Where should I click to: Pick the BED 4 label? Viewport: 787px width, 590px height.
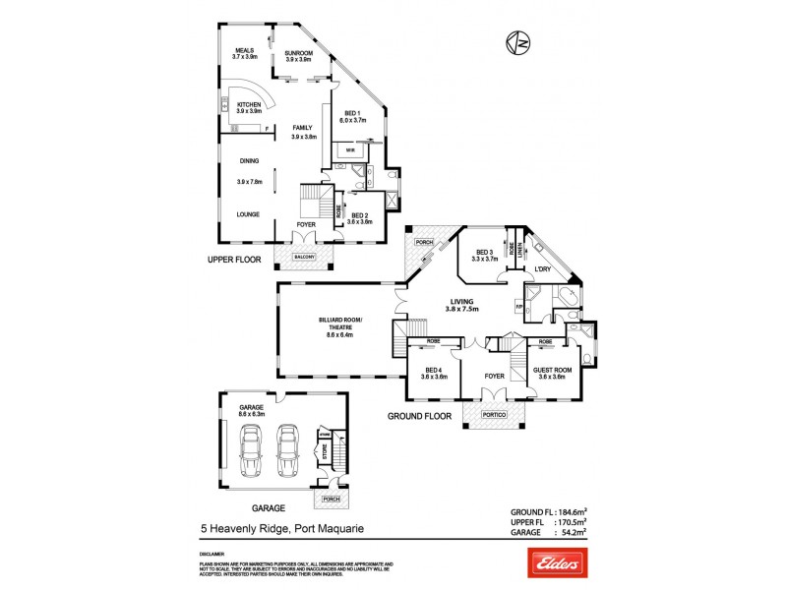coord(434,371)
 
